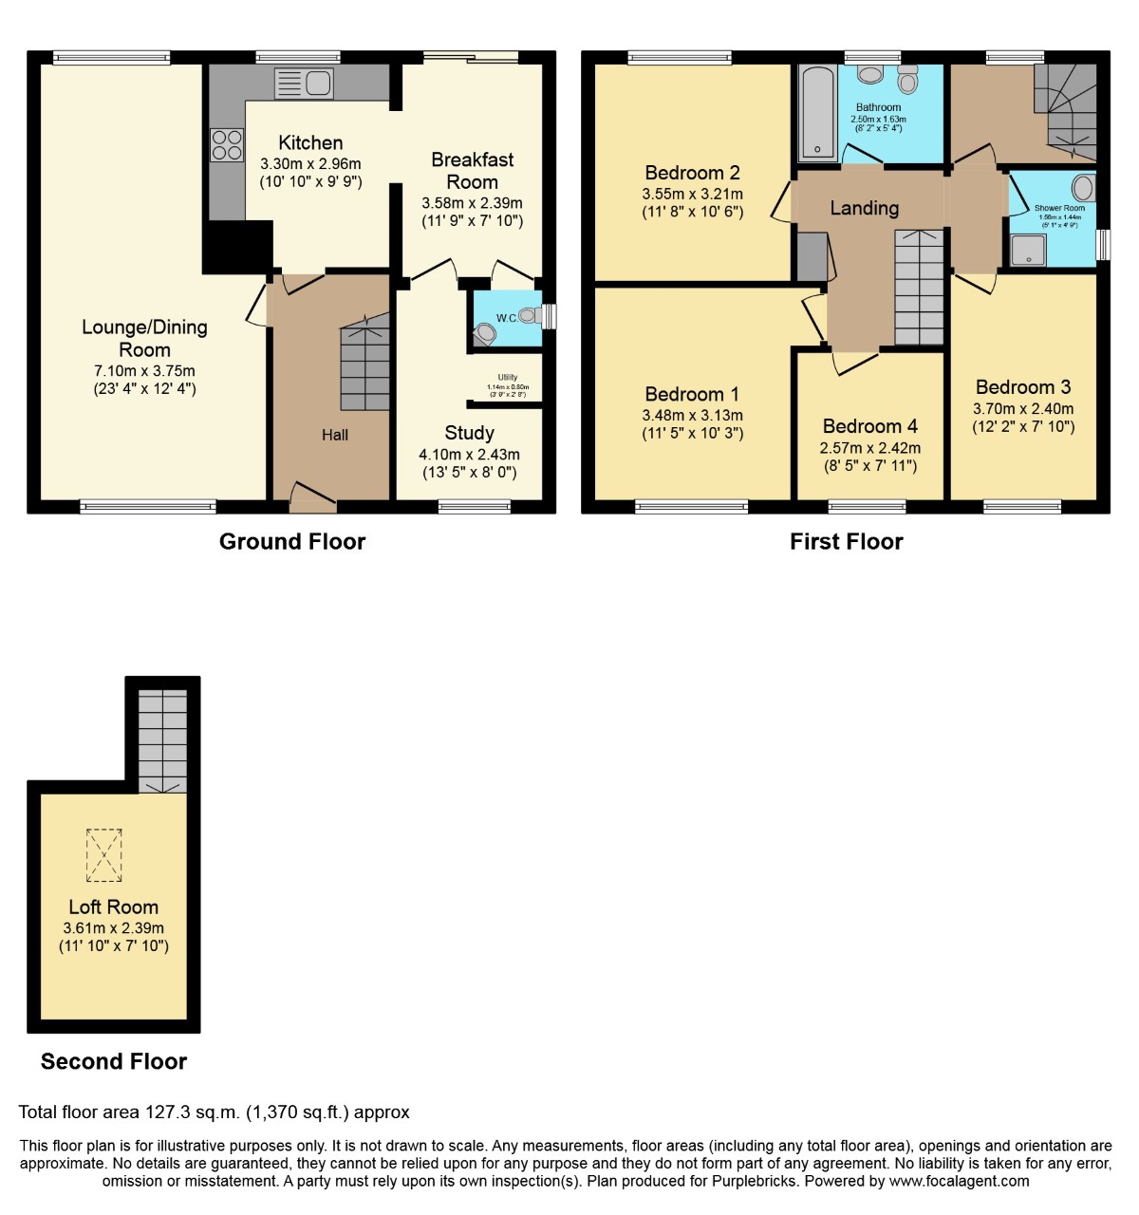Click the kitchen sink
pos(304,84)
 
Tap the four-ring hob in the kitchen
pos(227,144)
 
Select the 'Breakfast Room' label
pos(472,171)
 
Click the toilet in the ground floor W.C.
pos(486,334)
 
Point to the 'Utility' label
pos(508,377)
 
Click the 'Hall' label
pos(334,435)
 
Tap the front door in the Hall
pos(312,495)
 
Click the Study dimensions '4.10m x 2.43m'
pos(469,455)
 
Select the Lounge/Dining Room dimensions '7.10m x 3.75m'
pos(144,371)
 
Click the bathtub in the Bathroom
pos(817,113)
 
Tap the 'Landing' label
pos(864,208)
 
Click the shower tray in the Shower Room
pos(1028,251)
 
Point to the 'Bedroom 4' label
pos(869,426)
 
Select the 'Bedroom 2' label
pos(692,173)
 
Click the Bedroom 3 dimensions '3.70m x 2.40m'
pos(1023,409)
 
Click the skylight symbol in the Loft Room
pos(104,854)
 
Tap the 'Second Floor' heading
pos(114,1061)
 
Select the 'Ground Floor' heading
pos(292,541)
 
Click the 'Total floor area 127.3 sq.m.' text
pos(214,1112)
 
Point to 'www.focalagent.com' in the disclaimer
pos(959,1181)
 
